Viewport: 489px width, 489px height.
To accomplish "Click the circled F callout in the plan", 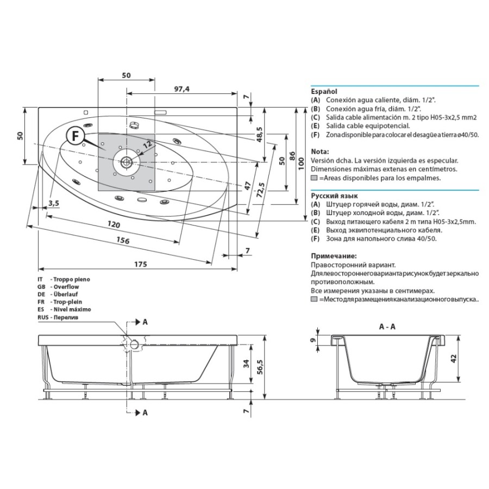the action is pos(75,136).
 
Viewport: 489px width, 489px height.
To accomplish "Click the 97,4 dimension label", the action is pos(181,89).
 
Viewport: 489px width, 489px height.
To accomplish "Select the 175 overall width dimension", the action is pos(140,264).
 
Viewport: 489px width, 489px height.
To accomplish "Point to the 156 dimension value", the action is pos(123,240).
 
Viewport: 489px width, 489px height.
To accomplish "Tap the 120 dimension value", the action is pos(114,224).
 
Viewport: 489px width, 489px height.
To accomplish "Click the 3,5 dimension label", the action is pos(54,203).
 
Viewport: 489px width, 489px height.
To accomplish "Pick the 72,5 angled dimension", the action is pos(261,190).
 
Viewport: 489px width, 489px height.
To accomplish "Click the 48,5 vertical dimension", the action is pos(259,135).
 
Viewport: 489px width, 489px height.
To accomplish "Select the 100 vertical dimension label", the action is pos(301,164).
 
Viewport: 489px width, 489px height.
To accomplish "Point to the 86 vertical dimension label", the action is pos(292,155).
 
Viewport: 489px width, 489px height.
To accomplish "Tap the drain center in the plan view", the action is pos(126,162).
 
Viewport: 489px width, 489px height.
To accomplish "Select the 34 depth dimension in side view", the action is pos(246,363).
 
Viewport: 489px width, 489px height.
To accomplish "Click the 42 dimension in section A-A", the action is pos(453,359).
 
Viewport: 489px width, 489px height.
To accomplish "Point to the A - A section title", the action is pos(387,327).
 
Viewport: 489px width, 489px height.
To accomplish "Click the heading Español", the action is pos(324,91).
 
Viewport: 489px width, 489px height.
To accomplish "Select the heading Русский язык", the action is pos(334,196).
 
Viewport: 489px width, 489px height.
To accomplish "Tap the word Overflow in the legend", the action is pos(66,286).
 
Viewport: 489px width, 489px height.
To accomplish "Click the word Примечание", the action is pos(334,256).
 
